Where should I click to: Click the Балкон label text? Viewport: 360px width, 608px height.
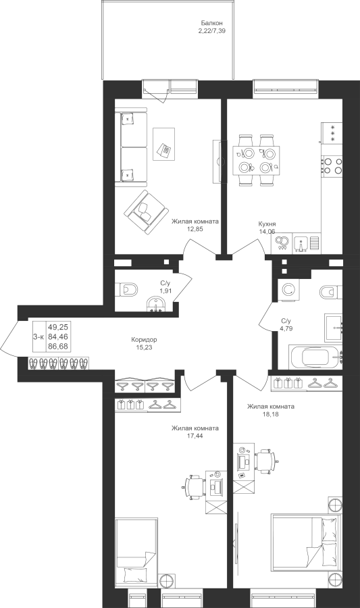[211, 23]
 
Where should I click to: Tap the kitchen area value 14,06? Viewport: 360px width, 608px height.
[267, 232]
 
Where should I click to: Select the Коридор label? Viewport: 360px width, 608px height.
[144, 340]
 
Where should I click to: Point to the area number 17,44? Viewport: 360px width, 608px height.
[195, 436]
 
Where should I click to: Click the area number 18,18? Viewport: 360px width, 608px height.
[270, 414]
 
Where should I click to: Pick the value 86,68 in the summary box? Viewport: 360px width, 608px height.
[58, 347]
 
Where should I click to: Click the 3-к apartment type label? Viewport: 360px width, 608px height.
[38, 337]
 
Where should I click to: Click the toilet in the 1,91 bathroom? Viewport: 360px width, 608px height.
[126, 289]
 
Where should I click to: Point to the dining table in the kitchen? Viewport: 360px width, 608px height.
[256, 160]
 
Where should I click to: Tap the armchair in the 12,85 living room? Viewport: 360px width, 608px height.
[145, 211]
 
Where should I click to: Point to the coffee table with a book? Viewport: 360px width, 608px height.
[163, 143]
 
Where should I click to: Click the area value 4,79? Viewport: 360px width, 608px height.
[286, 328]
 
